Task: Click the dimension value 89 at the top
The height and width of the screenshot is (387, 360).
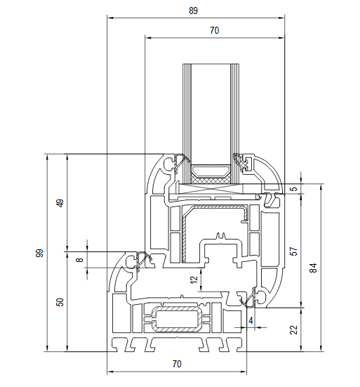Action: coord(193,11)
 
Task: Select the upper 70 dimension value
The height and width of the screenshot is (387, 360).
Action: coord(215,30)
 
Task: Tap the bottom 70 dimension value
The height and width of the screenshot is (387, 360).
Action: coord(177,364)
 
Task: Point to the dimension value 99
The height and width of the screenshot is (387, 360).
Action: coord(39,254)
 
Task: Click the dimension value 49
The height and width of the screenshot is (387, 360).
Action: coord(60,203)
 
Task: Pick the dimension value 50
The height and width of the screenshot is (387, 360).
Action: coord(60,302)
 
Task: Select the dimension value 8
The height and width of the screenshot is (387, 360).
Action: coord(80,260)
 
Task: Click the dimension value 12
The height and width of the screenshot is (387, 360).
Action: coord(194,280)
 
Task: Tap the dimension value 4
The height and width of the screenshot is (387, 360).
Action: coord(251,320)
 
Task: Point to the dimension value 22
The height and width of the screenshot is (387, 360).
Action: coord(293,329)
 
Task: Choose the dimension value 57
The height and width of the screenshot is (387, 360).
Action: coord(293,251)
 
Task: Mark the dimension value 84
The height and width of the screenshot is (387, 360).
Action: coord(313,268)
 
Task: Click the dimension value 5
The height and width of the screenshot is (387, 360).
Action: coord(293,189)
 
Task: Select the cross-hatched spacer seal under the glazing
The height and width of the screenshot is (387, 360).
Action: coord(211,180)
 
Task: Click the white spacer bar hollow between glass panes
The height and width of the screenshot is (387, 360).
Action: coord(211,171)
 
